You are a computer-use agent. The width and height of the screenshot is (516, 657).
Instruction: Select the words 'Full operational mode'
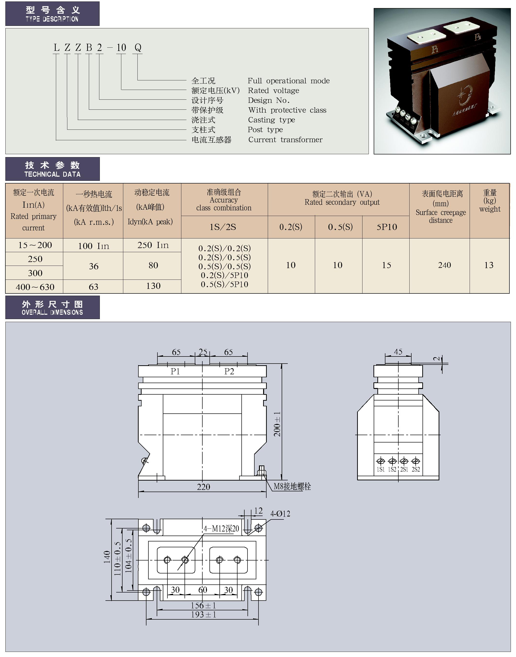pyautogui.click(x=288, y=81)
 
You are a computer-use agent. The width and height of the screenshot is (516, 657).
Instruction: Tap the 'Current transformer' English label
pyautogui.click(x=285, y=140)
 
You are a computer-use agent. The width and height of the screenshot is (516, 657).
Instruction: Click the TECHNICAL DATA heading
pyautogui.click(x=52, y=174)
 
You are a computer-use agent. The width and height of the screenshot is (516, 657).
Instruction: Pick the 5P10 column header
pyautogui.click(x=386, y=227)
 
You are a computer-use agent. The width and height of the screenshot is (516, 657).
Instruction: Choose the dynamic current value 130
pyautogui.click(x=153, y=286)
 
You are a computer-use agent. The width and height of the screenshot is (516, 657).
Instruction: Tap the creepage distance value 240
pyautogui.click(x=444, y=265)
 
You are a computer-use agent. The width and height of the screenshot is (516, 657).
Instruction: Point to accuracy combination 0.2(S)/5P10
pyautogui.click(x=224, y=275)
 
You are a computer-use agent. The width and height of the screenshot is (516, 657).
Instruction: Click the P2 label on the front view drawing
pyautogui.click(x=229, y=371)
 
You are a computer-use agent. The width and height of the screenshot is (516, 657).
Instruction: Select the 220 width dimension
pyautogui.click(x=203, y=487)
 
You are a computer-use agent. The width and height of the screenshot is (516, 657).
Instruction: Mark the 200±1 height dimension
pyautogui.click(x=277, y=424)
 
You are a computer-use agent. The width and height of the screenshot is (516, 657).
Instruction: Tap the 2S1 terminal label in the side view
pyautogui.click(x=404, y=469)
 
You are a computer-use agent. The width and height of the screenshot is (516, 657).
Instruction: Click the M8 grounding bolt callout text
pyautogui.click(x=292, y=486)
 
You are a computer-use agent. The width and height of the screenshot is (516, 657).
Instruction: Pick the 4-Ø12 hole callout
pyautogui.click(x=280, y=514)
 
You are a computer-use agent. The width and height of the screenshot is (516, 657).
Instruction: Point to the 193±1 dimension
pyautogui.click(x=203, y=614)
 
